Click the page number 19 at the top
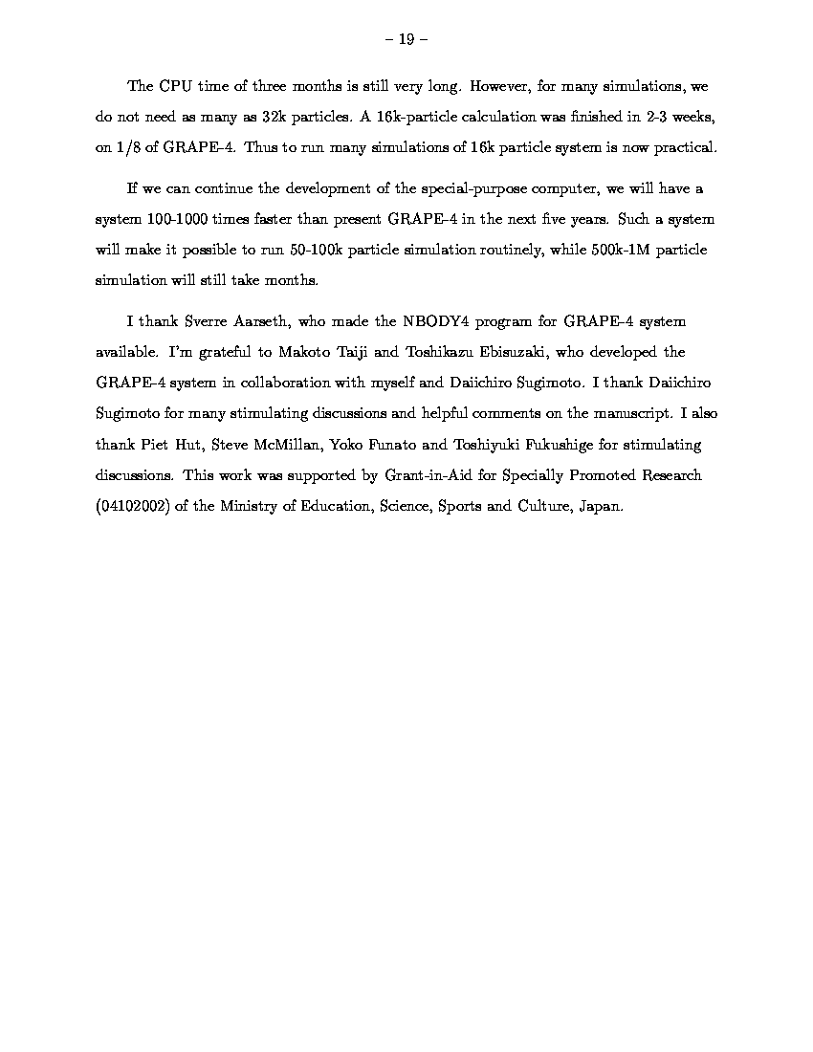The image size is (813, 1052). tap(406, 39)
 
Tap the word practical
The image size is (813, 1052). tap(682, 147)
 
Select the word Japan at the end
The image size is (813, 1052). tap(601, 507)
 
